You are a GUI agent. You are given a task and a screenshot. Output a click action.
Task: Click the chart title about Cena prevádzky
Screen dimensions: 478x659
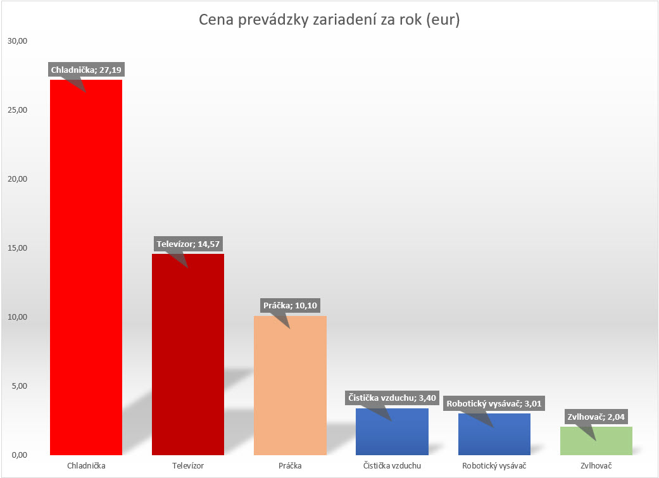point(329,20)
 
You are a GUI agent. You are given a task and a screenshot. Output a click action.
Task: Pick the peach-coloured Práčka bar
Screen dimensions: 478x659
point(290,386)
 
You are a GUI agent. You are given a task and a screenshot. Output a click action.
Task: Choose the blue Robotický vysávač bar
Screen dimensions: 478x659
point(494,437)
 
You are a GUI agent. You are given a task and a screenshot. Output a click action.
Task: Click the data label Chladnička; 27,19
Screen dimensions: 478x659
point(85,70)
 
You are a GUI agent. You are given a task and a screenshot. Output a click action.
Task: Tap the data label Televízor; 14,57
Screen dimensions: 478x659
point(187,244)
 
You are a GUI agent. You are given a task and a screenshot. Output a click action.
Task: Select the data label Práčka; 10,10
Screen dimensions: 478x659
point(289,305)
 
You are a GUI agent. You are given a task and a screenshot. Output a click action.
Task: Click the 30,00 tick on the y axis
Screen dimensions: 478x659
point(18,41)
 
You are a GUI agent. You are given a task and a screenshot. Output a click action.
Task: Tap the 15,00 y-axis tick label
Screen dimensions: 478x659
point(18,248)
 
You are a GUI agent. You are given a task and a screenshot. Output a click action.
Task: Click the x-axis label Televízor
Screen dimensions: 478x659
point(188,467)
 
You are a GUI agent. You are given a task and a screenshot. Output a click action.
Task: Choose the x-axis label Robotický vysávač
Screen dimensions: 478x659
point(494,467)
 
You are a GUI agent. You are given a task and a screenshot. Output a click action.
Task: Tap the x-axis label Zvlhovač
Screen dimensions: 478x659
point(596,467)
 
